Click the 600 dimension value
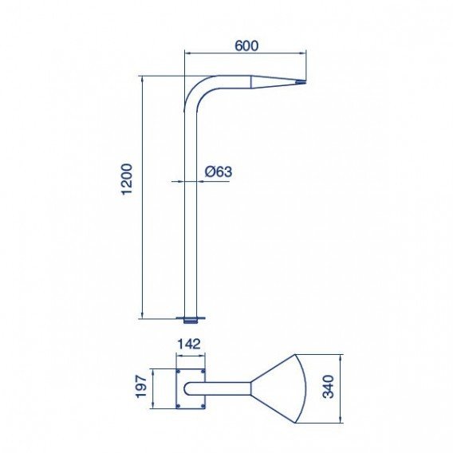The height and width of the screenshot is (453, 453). click(x=246, y=46)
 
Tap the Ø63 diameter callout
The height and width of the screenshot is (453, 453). click(x=218, y=171)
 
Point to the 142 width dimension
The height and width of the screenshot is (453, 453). click(x=189, y=345)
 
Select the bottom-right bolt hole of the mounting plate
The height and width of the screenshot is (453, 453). click(x=203, y=405)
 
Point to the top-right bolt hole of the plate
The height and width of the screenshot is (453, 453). click(x=203, y=372)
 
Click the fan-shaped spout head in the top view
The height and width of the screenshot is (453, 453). click(x=283, y=388)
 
